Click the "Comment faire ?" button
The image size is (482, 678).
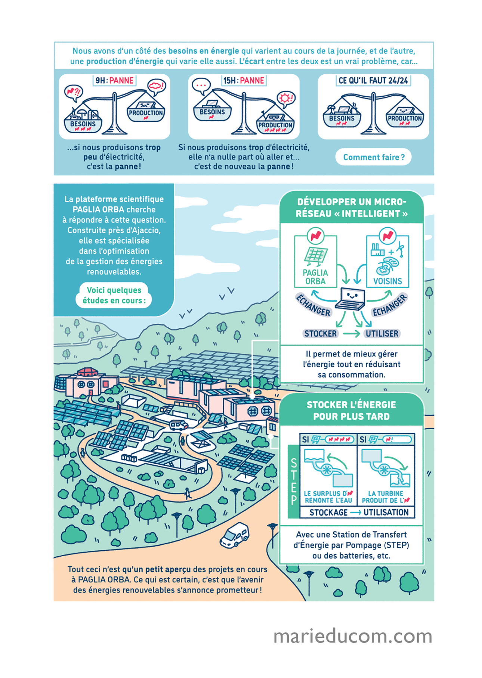(x=373, y=157)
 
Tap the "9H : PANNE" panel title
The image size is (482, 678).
(x=114, y=80)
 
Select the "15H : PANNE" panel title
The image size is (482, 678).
(x=244, y=80)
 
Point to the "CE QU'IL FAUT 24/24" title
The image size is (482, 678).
(x=373, y=80)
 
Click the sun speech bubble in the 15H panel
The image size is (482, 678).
(x=286, y=99)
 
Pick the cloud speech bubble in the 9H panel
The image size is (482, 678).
(x=156, y=86)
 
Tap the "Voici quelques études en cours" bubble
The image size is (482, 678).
(x=114, y=295)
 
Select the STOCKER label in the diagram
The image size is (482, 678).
(x=320, y=334)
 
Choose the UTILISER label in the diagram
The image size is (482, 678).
(x=382, y=334)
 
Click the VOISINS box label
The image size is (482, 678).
(x=387, y=281)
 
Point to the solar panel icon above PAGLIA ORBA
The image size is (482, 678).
(x=316, y=255)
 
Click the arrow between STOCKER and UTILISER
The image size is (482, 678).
(x=351, y=334)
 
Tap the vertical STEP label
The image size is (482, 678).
(x=294, y=481)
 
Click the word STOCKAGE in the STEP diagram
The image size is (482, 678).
(x=328, y=512)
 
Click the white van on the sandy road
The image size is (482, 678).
(x=235, y=535)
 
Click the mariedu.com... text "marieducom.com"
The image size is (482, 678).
(x=353, y=636)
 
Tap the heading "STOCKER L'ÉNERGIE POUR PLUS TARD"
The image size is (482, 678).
(x=351, y=410)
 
